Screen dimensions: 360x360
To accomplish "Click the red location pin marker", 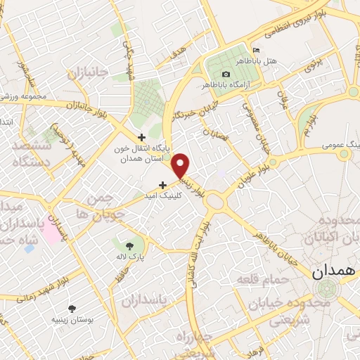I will click(x=181, y=166).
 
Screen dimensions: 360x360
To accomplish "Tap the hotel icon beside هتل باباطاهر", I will click(x=255, y=51).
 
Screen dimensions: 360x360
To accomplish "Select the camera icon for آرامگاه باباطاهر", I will click(x=226, y=74).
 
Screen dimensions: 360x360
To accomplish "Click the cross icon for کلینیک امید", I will click(x=163, y=185).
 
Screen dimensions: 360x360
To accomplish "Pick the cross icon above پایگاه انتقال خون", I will click(x=141, y=137).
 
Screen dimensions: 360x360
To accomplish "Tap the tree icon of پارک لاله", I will click(x=129, y=245).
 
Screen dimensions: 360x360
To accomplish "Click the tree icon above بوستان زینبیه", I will click(x=72, y=308).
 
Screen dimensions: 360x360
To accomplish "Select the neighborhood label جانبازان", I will click(x=86, y=72).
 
